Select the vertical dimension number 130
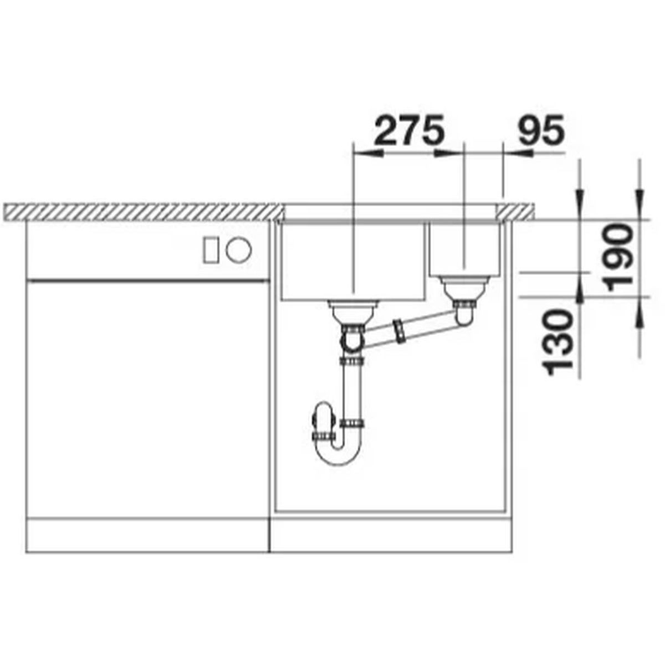[x=558, y=342]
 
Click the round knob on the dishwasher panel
[x=239, y=249]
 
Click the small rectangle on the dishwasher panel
[x=211, y=250]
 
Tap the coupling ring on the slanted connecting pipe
[x=400, y=331]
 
